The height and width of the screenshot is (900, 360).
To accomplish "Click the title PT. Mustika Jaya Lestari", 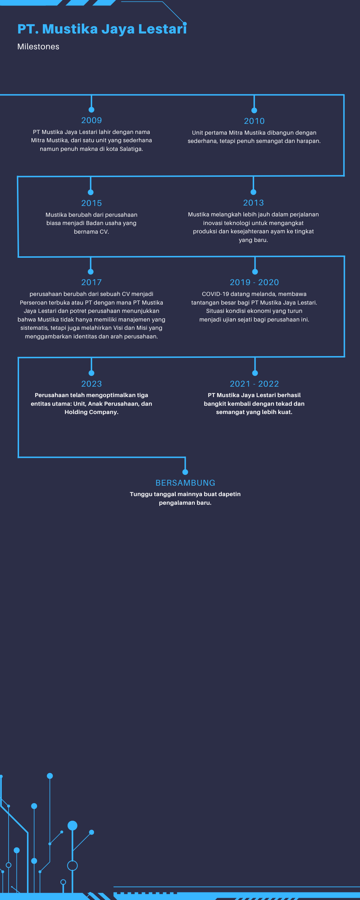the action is coord(102,29).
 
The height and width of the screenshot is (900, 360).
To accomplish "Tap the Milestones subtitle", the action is coord(38,46).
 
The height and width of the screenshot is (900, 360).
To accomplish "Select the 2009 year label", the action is coord(91,120).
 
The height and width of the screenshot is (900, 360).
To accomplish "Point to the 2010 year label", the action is coord(254,121).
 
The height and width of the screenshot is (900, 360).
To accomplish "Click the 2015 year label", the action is coord(91,203).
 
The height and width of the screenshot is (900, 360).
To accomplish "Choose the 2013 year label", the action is coord(253,203).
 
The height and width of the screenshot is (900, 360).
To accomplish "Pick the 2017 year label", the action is coord(91,282).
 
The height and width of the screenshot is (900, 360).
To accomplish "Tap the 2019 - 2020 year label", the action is coord(255,282).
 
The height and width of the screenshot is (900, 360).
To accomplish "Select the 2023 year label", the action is coord(91,384).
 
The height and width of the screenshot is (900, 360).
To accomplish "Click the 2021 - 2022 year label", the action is coord(255,384).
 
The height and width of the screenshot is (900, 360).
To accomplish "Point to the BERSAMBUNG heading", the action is coord(185,483).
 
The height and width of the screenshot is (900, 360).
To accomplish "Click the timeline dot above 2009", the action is coord(91,109).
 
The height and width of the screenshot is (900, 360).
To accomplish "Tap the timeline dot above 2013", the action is coord(253,192).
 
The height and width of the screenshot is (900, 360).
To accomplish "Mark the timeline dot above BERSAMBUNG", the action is coord(185,472).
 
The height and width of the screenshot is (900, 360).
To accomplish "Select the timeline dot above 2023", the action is coord(91,373).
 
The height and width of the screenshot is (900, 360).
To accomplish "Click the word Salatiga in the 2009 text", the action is coord(131,149).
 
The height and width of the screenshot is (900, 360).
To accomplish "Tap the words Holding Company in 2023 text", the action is coord(91,412).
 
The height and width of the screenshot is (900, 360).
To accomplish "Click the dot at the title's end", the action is coord(185,24).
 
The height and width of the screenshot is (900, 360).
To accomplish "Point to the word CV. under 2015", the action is coord(104,232).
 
